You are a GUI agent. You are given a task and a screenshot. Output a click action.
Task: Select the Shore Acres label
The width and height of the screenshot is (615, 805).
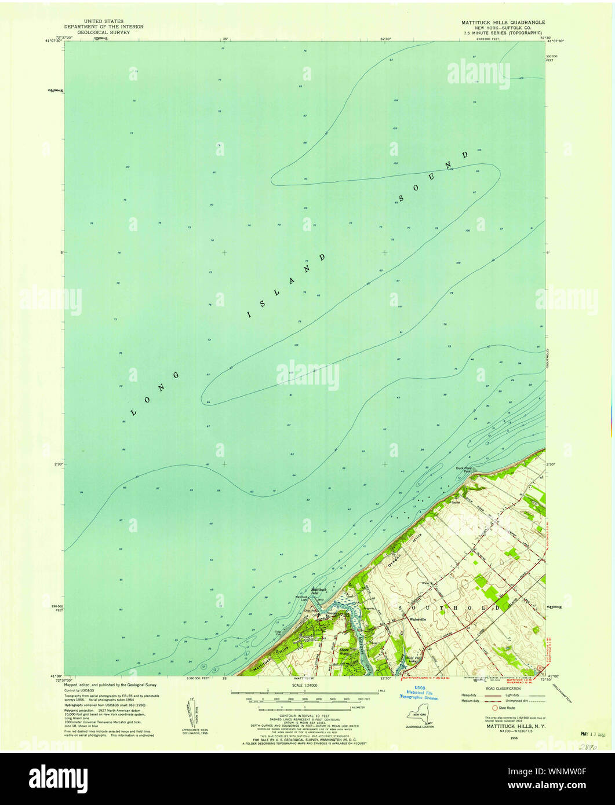click(x=347, y=651)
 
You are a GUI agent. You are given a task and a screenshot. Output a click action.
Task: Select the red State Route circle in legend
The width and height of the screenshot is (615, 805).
click(x=494, y=708)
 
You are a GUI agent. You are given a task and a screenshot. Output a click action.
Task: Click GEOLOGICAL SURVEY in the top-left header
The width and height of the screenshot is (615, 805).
click(x=104, y=32)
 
